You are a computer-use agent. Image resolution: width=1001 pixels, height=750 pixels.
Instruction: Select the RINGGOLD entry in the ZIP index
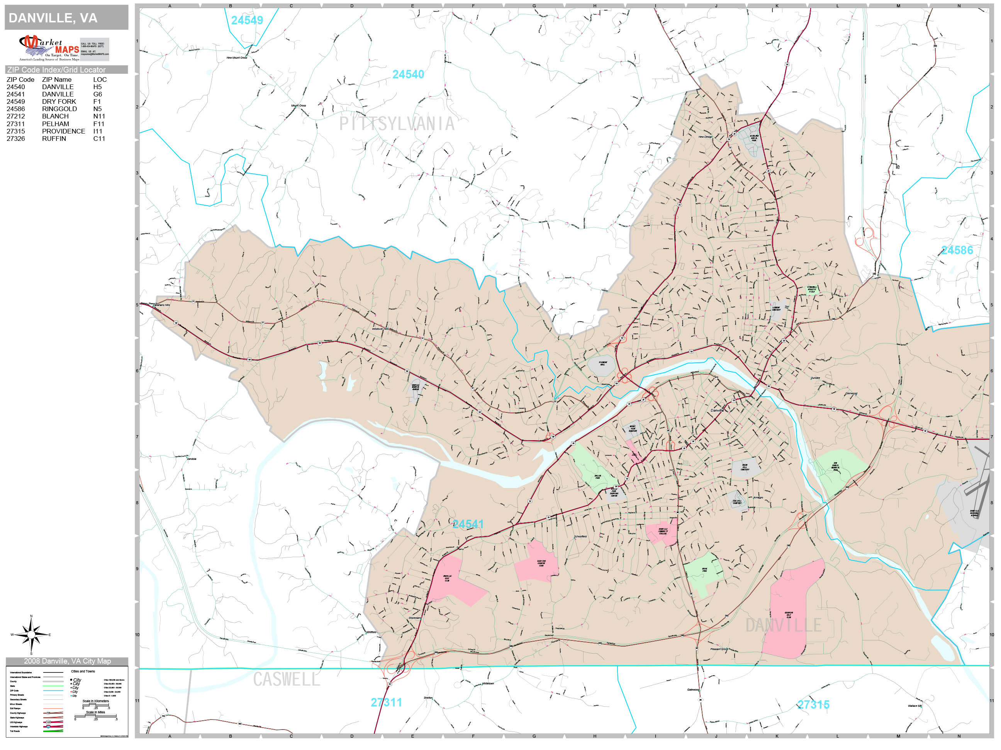click(59, 109)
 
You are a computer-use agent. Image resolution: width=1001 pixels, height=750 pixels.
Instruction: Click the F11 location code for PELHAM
click(98, 124)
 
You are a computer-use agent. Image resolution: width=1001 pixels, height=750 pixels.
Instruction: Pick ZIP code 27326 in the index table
click(16, 139)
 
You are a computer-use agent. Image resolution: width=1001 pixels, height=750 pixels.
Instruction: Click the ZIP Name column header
click(56, 79)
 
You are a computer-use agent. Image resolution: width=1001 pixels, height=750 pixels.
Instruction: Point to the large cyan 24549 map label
click(247, 20)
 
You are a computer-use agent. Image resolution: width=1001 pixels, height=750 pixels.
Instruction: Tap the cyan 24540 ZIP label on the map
click(408, 74)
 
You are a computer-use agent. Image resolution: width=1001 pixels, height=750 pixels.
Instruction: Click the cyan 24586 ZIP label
click(957, 250)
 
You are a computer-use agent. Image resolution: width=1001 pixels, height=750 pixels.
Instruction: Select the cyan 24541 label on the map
click(468, 524)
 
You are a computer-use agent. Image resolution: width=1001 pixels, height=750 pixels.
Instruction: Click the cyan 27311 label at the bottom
click(386, 703)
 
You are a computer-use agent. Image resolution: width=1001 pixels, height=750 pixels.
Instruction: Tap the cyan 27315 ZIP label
click(813, 705)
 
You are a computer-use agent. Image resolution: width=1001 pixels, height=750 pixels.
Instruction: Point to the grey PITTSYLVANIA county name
click(397, 124)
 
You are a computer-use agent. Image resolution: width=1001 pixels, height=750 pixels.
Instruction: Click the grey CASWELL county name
click(286, 679)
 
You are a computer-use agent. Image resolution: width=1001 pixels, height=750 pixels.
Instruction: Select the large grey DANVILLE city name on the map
click(783, 626)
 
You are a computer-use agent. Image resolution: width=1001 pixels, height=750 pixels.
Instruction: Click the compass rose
click(31, 635)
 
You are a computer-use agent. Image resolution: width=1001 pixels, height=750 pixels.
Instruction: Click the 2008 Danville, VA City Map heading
click(67, 661)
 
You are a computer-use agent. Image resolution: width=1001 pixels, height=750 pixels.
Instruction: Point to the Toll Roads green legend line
click(53, 731)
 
